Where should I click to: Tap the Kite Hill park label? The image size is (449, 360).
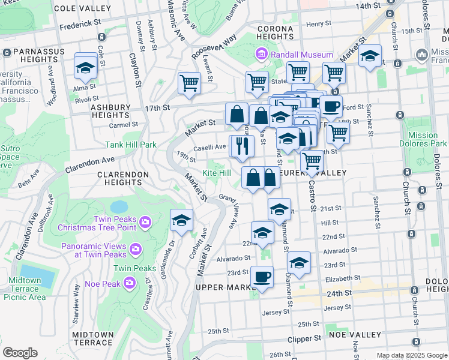tap(216, 173)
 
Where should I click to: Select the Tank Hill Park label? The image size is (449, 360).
tap(131, 145)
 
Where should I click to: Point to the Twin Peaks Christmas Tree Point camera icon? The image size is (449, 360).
tap(145, 223)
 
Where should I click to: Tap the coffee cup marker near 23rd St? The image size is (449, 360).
tap(262, 278)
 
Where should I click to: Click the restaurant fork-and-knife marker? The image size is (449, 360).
tap(243, 146)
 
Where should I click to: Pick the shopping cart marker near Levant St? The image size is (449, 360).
tap(189, 83)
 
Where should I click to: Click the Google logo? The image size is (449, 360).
tap(20, 353)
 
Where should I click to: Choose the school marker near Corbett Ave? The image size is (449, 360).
tap(181, 220)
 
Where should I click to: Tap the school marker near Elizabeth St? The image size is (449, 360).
tap(299, 263)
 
